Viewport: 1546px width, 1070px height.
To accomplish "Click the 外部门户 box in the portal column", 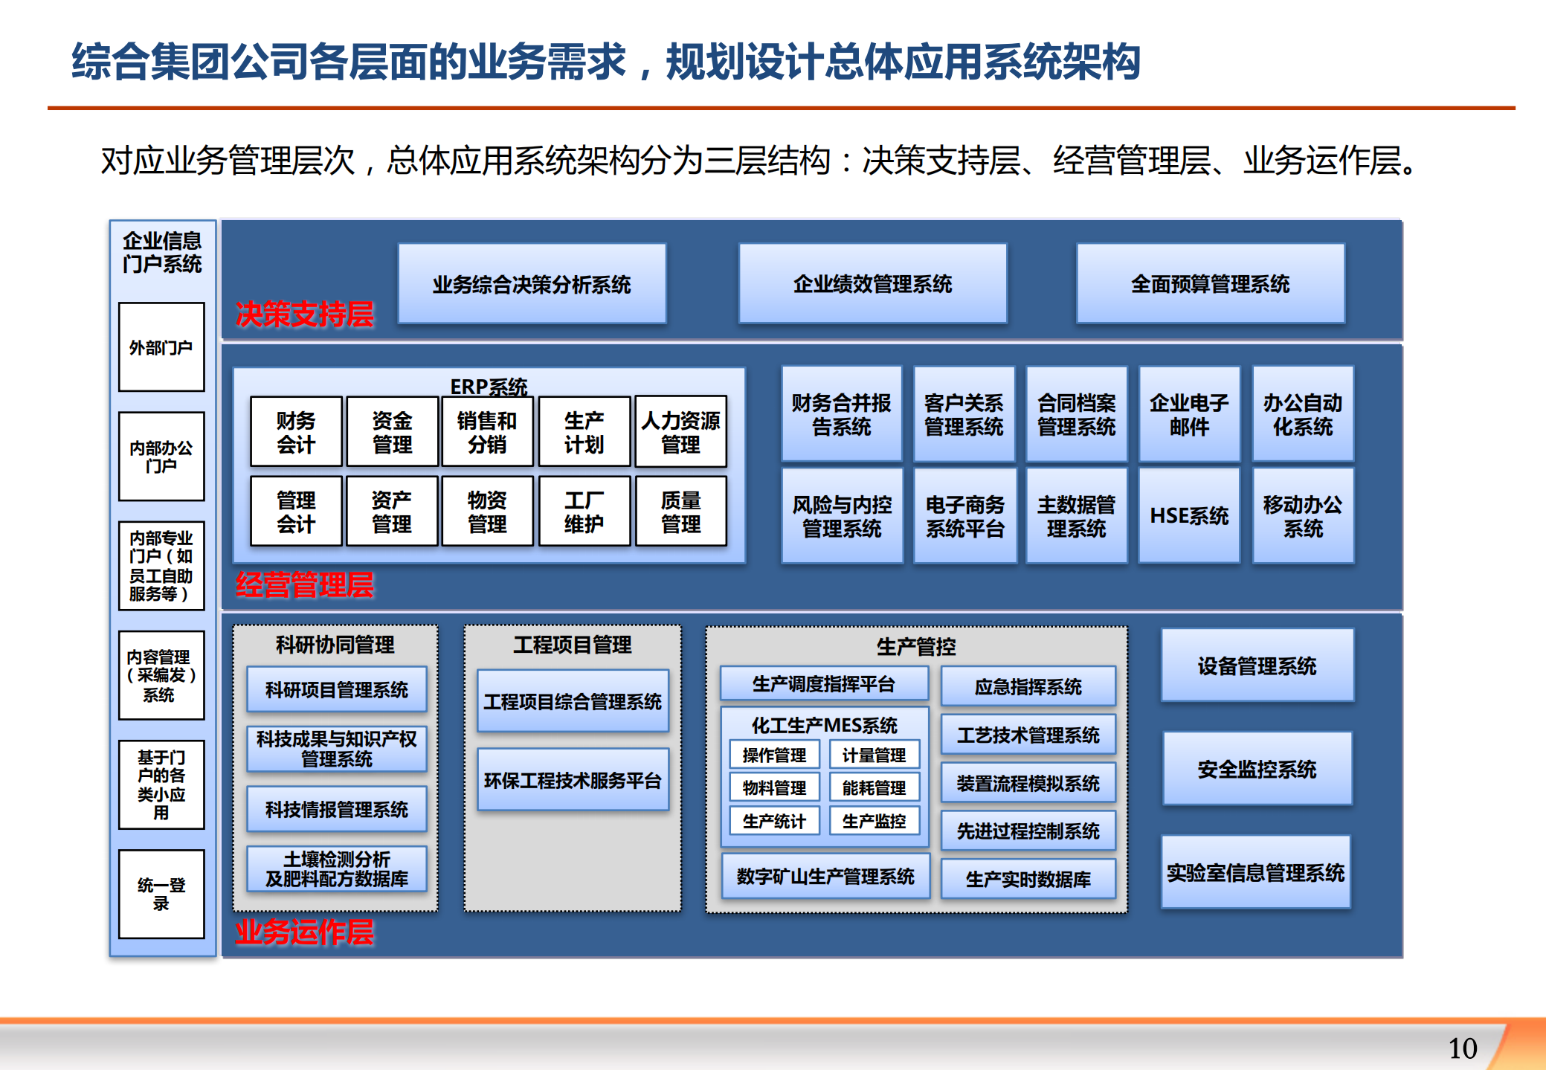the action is [x=161, y=347].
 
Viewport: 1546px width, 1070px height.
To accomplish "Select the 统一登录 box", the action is [x=161, y=894].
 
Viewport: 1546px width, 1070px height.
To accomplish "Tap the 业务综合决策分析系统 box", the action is [x=532, y=284].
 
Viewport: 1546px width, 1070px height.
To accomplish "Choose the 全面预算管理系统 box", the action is [x=1210, y=284].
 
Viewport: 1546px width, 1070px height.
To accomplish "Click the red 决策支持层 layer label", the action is [x=304, y=315].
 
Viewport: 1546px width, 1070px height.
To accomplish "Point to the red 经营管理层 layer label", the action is [x=304, y=585].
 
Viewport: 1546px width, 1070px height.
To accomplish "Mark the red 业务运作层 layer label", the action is [x=304, y=932].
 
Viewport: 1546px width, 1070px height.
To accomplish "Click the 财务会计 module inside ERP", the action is [x=296, y=432].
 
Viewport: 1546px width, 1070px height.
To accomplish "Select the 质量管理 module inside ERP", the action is [x=680, y=512].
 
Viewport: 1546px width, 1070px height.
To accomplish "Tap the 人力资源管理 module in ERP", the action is [x=680, y=432].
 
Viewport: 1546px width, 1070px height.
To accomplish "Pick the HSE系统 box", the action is [x=1189, y=515].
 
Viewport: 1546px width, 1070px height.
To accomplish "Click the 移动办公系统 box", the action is [x=1303, y=515].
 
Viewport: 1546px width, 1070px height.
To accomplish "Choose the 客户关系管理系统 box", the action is [x=964, y=414].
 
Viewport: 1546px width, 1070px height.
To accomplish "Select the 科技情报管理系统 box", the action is [x=337, y=809].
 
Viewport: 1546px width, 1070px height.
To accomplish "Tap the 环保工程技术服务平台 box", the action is [x=573, y=780].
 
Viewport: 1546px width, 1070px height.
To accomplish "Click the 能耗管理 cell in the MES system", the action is [x=874, y=787].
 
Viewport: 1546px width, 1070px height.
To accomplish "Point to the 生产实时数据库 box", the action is [x=1028, y=879].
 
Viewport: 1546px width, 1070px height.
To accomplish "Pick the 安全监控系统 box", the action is [x=1257, y=769].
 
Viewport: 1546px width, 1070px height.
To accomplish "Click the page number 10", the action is [x=1462, y=1048].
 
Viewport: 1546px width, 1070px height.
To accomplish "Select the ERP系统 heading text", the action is [x=489, y=386].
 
